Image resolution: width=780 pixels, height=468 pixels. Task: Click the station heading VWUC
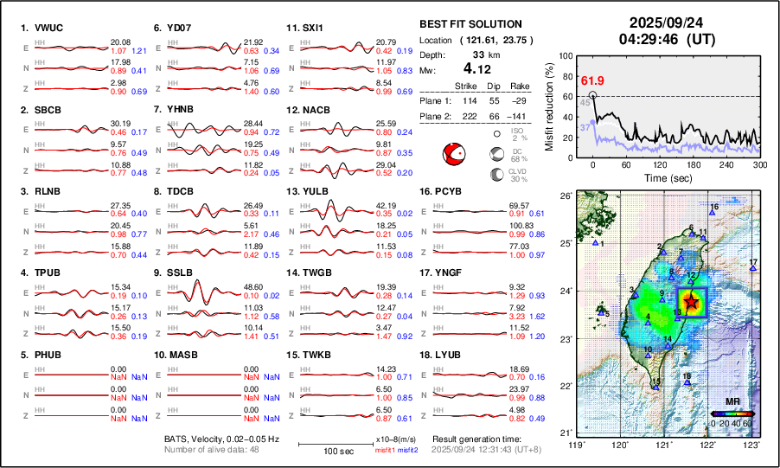(x=48, y=28)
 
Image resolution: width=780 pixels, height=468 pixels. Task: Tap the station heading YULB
(x=317, y=190)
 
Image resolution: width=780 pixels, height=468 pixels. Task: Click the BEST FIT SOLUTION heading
(x=470, y=24)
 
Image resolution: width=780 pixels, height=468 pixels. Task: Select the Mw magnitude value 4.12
(x=475, y=67)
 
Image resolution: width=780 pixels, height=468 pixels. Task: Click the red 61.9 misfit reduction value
(x=592, y=80)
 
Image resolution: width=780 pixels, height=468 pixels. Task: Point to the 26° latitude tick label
(x=566, y=196)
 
